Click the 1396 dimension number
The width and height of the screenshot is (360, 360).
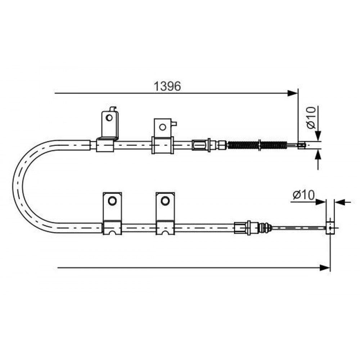167,86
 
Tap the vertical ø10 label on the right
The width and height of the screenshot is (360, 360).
311,118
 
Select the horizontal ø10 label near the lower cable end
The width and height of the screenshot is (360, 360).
303,195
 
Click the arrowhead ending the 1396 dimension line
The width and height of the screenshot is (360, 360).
292,93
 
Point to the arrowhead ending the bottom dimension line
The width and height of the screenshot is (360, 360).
325,268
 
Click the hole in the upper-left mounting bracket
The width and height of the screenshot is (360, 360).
109,118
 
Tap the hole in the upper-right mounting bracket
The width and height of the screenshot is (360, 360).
163,127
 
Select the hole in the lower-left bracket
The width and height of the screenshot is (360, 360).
112,201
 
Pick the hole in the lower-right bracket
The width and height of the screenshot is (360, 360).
165,201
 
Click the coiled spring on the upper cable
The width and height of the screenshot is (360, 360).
257,145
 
